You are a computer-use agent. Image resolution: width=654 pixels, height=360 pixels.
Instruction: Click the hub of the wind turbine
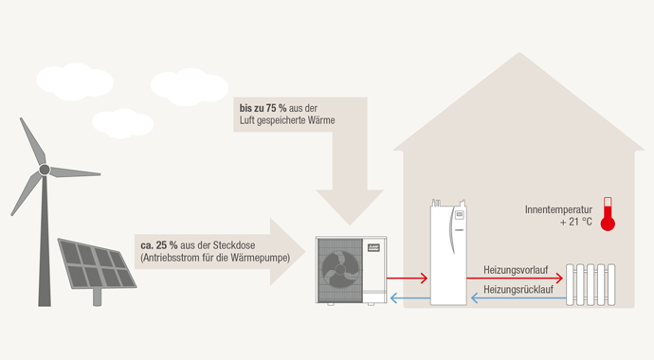(44, 170)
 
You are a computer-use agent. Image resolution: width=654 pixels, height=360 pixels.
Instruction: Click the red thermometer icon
(608, 215)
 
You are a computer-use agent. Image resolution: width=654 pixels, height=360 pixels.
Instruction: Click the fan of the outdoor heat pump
(337, 267)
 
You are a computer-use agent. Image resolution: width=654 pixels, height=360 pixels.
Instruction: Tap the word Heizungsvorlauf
(518, 269)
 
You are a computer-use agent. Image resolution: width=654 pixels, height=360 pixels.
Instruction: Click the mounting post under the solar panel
(97, 297)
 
